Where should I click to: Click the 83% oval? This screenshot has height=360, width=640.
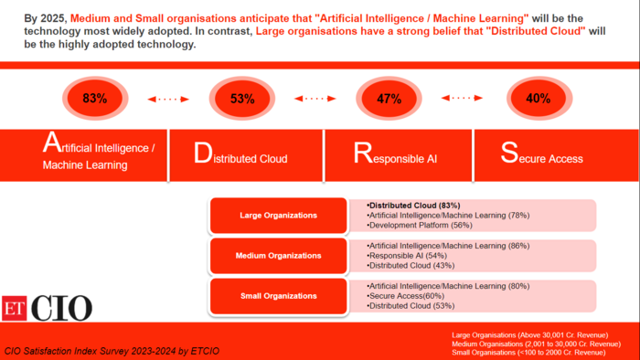pyautogui.click(x=95, y=98)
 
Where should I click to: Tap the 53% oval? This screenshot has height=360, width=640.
pyautogui.click(x=242, y=99)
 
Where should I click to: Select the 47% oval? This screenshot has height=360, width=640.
pyautogui.click(x=389, y=99)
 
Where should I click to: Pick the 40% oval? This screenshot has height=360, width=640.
pyautogui.click(x=539, y=98)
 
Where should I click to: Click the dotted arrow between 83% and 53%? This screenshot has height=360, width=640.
pyautogui.click(x=169, y=99)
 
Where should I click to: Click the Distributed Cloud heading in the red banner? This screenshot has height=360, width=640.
pyautogui.click(x=241, y=154)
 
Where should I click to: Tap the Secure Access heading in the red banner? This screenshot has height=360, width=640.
pyautogui.click(x=542, y=154)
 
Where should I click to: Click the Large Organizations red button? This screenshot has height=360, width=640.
pyautogui.click(x=278, y=216)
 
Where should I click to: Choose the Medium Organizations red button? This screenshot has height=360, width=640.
pyautogui.click(x=278, y=256)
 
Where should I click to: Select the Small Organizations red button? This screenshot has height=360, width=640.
pyautogui.click(x=278, y=295)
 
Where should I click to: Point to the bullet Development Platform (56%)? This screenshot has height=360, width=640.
pyautogui.click(x=420, y=225)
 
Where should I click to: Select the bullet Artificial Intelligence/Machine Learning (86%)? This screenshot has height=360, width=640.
pyautogui.click(x=447, y=246)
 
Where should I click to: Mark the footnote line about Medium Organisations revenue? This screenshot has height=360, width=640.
pyautogui.click(x=528, y=344)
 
